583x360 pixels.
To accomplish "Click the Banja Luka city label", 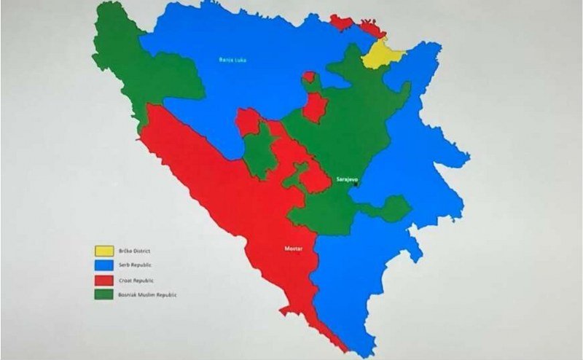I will (x=232, y=59).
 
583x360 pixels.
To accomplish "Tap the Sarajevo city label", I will (x=347, y=178).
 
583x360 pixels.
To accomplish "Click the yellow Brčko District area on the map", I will (x=381, y=54).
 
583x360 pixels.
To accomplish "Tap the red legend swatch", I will (x=104, y=281).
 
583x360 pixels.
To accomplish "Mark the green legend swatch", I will (x=104, y=294).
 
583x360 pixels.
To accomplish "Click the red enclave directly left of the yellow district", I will (x=370, y=28).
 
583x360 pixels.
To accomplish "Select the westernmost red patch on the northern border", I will (x=341, y=22).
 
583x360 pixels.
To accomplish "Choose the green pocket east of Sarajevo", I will (x=394, y=209).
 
